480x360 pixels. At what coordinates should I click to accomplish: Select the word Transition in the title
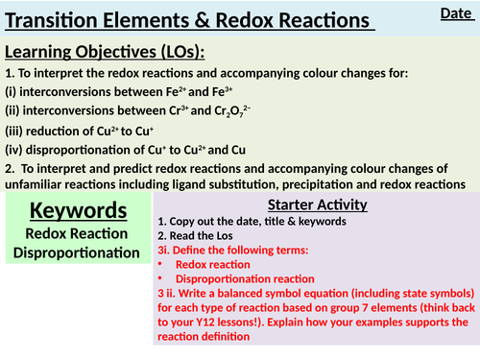tap(60, 20)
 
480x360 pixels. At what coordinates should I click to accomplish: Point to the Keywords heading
tap(76, 210)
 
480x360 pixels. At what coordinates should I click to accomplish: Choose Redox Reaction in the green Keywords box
tap(76, 233)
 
